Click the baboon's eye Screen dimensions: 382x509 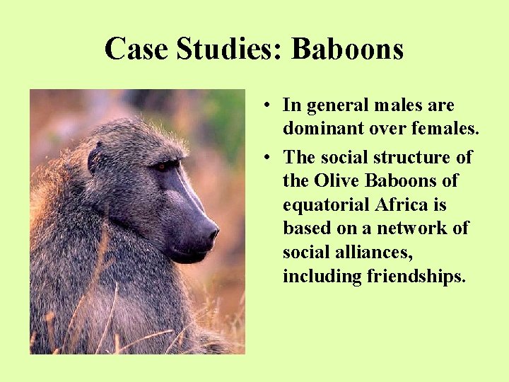click(163, 167)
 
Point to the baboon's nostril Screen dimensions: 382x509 click(211, 232)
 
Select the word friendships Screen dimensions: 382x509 click(416, 276)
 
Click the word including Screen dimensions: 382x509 click(322, 276)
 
